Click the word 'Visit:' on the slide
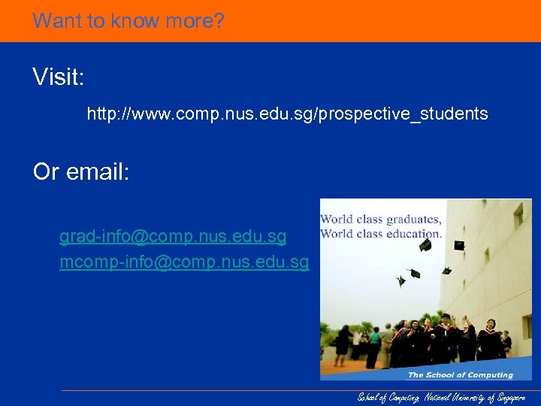click(58, 77)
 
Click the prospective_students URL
click(287, 114)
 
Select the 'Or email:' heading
click(81, 172)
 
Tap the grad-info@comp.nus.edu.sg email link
click(173, 237)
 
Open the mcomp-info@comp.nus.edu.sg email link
click(184, 262)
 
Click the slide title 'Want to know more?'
click(128, 20)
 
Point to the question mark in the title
click(219, 20)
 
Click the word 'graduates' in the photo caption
click(413, 220)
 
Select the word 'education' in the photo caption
click(413, 233)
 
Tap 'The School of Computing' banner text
click(460, 374)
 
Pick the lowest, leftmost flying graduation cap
click(400, 280)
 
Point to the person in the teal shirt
click(373, 347)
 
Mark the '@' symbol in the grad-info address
click(139, 237)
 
